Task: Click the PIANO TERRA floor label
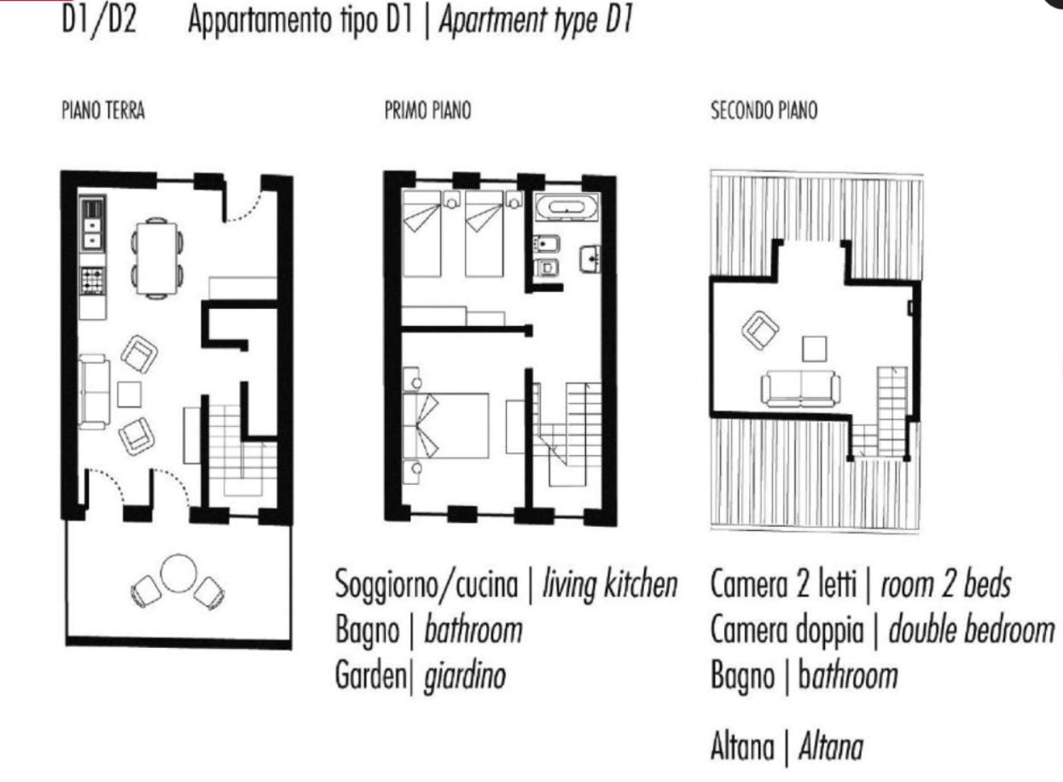[x=103, y=111]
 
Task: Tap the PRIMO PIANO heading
[x=427, y=111]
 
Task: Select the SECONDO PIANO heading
[x=764, y=111]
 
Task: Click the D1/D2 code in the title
[x=99, y=20]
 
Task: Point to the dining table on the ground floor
[x=157, y=259]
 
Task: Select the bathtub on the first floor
[x=567, y=207]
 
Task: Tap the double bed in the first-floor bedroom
[x=445, y=425]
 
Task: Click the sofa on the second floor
[x=800, y=388]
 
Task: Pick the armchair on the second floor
[x=760, y=330]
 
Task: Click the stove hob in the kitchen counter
[x=92, y=280]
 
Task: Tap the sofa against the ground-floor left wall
[x=95, y=392]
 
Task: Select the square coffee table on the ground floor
[x=129, y=394]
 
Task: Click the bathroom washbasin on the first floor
[x=590, y=260]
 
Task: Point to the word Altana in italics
[x=831, y=749]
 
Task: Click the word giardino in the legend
[x=465, y=676]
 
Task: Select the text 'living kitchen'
[x=610, y=585]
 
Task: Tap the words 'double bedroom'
[x=972, y=631]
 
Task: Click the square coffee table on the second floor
[x=815, y=348]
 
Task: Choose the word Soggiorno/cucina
[x=427, y=586]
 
